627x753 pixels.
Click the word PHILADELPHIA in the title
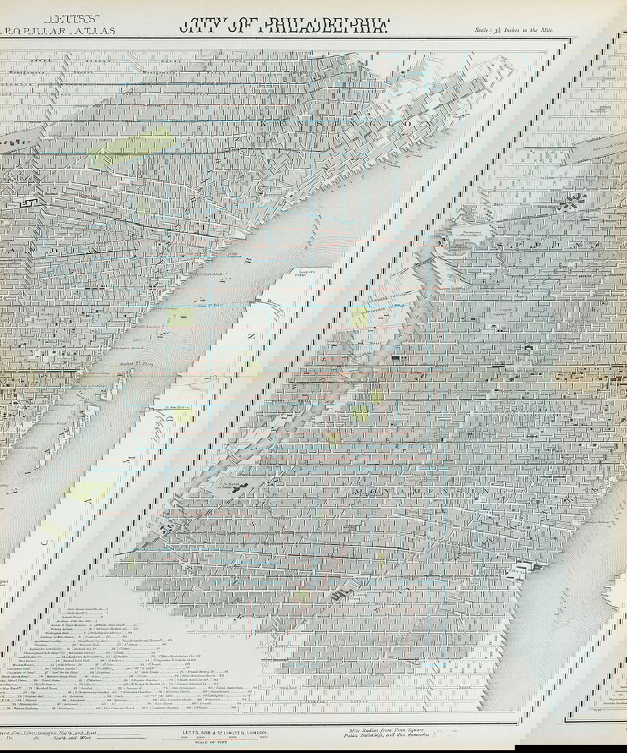(x=322, y=27)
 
